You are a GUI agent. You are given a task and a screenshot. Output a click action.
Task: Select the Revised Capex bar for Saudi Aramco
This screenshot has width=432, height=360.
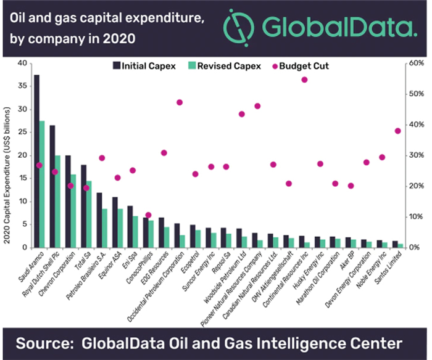pyautogui.click(x=42, y=185)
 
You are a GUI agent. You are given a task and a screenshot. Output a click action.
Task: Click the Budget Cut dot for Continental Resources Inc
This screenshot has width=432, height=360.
pyautogui.click(x=304, y=80)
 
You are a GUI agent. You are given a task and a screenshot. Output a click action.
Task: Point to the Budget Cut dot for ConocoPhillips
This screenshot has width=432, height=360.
pyautogui.click(x=148, y=215)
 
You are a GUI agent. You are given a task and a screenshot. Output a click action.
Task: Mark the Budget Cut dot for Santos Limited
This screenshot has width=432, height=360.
pyautogui.click(x=398, y=131)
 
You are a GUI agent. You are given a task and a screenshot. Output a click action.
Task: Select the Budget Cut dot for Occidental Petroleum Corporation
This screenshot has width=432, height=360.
pyautogui.click(x=180, y=102)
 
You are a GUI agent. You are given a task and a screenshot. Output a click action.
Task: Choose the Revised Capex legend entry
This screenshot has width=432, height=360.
pyautogui.click(x=228, y=65)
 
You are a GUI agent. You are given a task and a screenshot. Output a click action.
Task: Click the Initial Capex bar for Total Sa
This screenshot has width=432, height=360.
pyautogui.click(x=83, y=207)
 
